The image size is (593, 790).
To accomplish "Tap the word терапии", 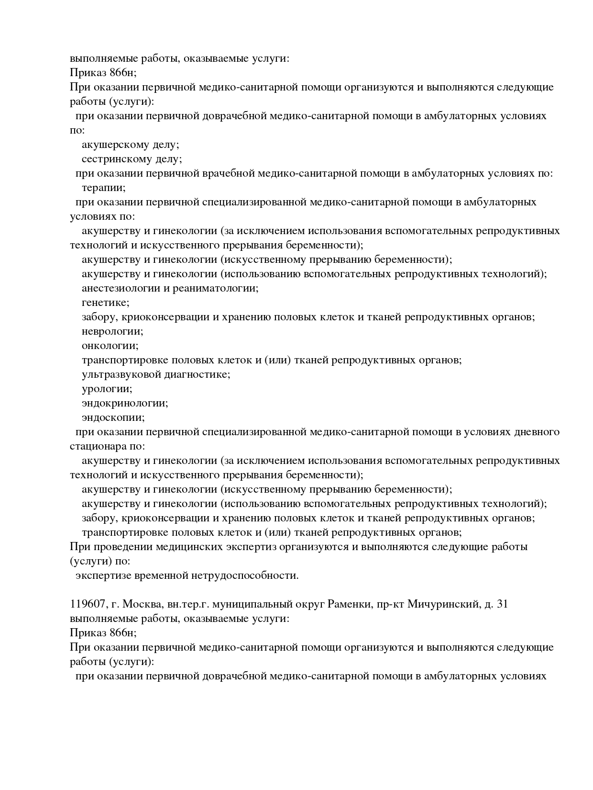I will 103,188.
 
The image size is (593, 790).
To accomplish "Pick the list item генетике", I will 105,303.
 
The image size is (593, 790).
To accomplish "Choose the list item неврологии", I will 112,331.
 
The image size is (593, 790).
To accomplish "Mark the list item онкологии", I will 110,346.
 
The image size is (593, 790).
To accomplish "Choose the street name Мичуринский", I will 442,604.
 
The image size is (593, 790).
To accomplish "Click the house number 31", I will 502,604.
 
